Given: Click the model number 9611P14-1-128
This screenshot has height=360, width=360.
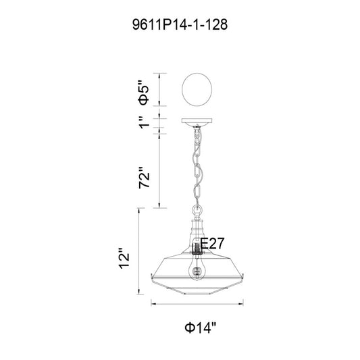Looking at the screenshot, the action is coord(180,24).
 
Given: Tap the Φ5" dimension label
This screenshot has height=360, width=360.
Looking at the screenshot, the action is coord(144,93).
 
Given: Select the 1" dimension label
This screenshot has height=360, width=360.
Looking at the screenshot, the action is coord(145,122).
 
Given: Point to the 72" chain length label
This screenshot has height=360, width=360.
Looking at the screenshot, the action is coord(144,178).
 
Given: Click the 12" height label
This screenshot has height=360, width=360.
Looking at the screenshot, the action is coord(124,258).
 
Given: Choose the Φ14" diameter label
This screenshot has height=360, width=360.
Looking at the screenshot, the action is coord(201,327).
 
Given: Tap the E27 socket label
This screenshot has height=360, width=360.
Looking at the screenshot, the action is coord(212,243).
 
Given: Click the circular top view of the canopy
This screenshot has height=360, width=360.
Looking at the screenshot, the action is coord(197,89).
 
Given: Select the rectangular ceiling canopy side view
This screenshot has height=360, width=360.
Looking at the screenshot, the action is coord(197,121).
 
